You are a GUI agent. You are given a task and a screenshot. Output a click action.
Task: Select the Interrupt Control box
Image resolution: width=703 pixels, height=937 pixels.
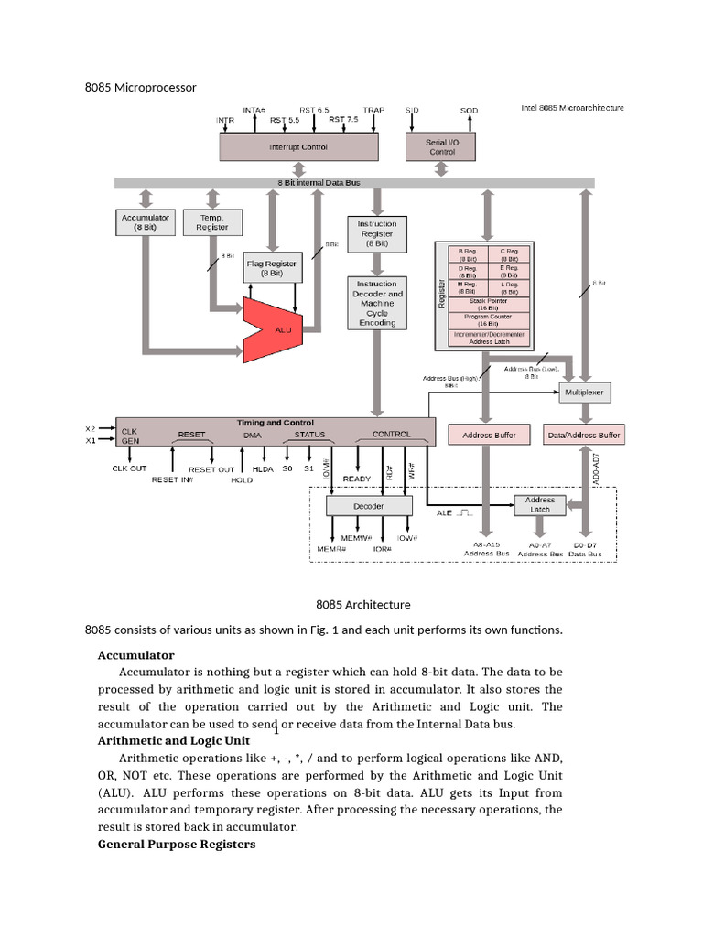(x=297, y=146)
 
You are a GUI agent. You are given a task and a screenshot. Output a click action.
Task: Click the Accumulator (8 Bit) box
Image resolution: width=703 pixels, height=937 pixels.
(x=145, y=221)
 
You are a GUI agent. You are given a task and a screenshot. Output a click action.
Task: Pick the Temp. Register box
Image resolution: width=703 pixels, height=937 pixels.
(x=212, y=221)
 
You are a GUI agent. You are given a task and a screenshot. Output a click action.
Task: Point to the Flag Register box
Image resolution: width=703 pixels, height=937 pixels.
(x=272, y=267)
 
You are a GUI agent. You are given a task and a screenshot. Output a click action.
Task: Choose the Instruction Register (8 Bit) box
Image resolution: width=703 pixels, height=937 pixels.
(x=377, y=233)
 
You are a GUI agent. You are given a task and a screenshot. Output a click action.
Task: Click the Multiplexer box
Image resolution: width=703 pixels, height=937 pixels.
(x=586, y=392)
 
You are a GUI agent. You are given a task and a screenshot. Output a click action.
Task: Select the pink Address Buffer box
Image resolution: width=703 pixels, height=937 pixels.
(x=490, y=435)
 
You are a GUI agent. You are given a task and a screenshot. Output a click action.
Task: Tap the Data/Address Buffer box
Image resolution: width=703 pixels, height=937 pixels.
(x=585, y=435)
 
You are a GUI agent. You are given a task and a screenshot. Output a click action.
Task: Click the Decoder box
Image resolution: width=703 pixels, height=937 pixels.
(x=368, y=506)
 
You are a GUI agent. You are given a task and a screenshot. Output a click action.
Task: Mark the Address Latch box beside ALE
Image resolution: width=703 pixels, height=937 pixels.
(x=540, y=505)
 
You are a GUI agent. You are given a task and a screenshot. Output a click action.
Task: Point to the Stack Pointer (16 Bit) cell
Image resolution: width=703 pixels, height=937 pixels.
(x=489, y=304)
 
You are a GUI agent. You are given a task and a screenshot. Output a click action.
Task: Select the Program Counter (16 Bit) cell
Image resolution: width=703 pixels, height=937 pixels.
(x=489, y=319)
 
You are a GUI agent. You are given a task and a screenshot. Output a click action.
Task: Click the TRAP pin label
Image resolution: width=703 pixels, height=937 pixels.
(x=373, y=110)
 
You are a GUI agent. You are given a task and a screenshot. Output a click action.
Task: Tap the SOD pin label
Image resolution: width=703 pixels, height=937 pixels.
(x=469, y=111)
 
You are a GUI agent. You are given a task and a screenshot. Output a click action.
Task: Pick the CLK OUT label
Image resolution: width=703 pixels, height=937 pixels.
(x=129, y=468)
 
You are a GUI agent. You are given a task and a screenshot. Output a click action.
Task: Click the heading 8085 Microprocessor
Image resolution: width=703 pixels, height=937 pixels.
(x=140, y=87)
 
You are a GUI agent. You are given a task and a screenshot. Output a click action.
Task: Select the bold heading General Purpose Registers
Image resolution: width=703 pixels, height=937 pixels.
(x=176, y=844)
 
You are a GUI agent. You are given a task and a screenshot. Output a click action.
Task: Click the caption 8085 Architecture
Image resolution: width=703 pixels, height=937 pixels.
(x=363, y=604)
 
